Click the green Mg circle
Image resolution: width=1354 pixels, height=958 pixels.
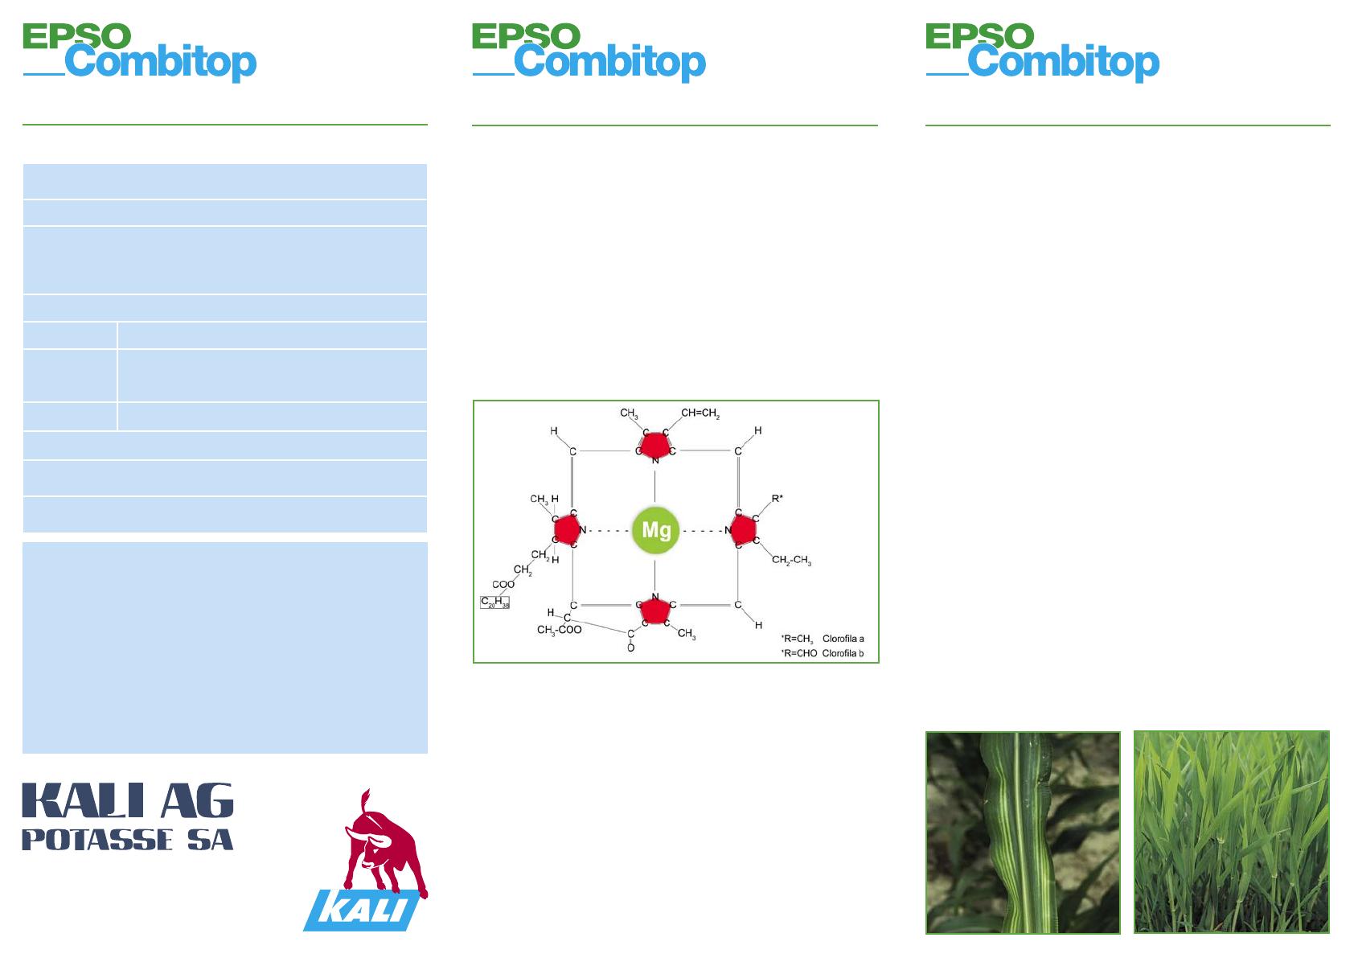pyautogui.click(x=656, y=530)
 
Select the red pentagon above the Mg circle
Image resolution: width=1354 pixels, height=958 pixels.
pyautogui.click(x=655, y=446)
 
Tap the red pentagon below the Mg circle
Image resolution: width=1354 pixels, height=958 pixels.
pyautogui.click(x=655, y=611)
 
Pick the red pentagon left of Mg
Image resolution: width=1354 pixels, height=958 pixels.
pyautogui.click(x=566, y=530)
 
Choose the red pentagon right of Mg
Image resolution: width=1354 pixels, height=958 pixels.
pyautogui.click(x=744, y=530)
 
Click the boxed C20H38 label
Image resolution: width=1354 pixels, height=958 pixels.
pyautogui.click(x=495, y=602)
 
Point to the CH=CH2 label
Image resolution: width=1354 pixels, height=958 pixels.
pyautogui.click(x=700, y=413)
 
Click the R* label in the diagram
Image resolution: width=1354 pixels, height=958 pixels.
pyautogui.click(x=778, y=499)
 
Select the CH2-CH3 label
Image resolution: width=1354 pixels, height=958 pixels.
pyautogui.click(x=791, y=560)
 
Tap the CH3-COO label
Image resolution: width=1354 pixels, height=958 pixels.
pyautogui.click(x=559, y=630)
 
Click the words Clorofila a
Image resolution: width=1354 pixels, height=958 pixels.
pyautogui.click(x=843, y=639)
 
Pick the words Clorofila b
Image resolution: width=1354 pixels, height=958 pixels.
pyautogui.click(x=843, y=653)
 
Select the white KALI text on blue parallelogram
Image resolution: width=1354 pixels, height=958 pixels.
pyautogui.click(x=362, y=910)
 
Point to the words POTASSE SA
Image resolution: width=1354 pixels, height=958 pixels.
pyautogui.click(x=128, y=840)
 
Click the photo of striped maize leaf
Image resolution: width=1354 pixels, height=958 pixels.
pyautogui.click(x=1023, y=833)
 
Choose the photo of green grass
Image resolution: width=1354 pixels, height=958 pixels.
pyautogui.click(x=1231, y=833)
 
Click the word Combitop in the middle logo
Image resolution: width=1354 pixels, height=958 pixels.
pyautogui.click(x=610, y=62)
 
